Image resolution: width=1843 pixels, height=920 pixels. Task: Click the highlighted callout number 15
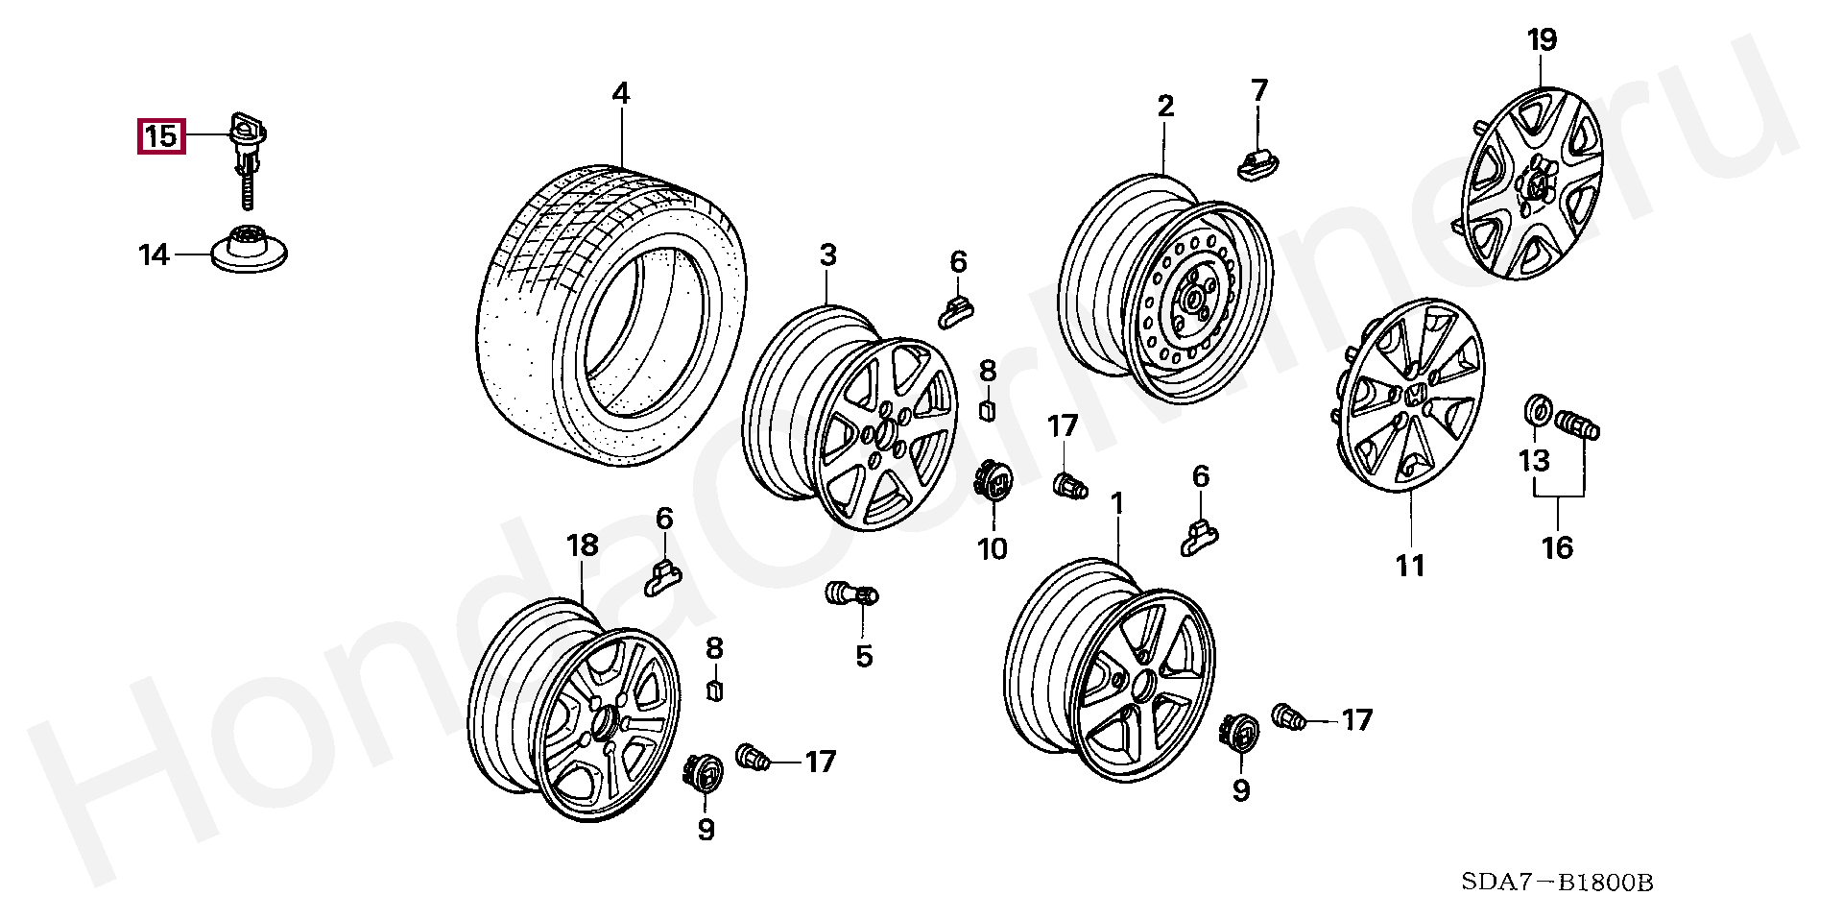[160, 136]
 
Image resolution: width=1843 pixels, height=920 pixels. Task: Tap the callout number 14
[154, 255]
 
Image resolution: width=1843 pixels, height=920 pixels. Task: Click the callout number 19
[1542, 41]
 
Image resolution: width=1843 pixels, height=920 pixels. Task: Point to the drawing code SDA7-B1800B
[1557, 883]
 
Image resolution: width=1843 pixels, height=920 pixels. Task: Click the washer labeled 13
[1537, 410]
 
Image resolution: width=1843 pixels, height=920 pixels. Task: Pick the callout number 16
[1557, 548]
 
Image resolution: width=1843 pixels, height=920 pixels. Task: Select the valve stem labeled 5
[851, 593]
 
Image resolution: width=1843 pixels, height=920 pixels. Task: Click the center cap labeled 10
[993, 479]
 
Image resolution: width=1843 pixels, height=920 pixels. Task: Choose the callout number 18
[583, 546]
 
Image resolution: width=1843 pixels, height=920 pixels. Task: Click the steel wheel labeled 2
[1165, 288]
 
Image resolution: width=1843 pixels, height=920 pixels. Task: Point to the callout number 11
[1410, 567]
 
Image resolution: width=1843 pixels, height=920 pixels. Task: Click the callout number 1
[1116, 504]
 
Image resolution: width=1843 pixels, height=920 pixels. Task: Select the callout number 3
[827, 255]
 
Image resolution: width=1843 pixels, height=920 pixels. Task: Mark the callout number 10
[993, 549]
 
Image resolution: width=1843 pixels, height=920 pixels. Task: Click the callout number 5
[864, 657]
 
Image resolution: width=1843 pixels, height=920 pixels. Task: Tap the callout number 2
[1165, 107]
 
